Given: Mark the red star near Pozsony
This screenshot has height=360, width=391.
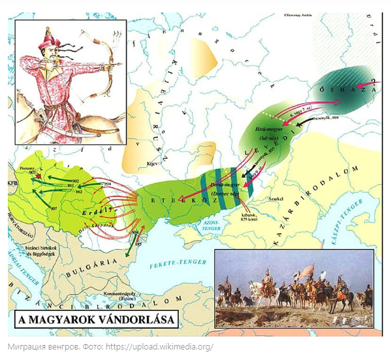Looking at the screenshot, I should pos(39,176).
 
